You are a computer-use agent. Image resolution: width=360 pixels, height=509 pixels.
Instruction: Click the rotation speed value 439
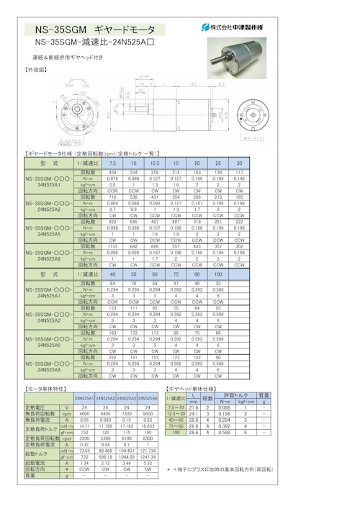coord(112,173)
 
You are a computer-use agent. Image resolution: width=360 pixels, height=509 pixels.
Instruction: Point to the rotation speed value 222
coord(112,358)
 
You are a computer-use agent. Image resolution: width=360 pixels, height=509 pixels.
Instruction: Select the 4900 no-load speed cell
coord(84,413)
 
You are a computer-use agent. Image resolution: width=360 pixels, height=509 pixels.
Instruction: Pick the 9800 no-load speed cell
coord(148,413)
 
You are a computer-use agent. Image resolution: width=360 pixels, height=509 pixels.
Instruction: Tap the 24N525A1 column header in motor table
coord(84,398)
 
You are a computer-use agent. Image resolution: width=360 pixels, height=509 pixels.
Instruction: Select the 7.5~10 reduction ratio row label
coord(176,407)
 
